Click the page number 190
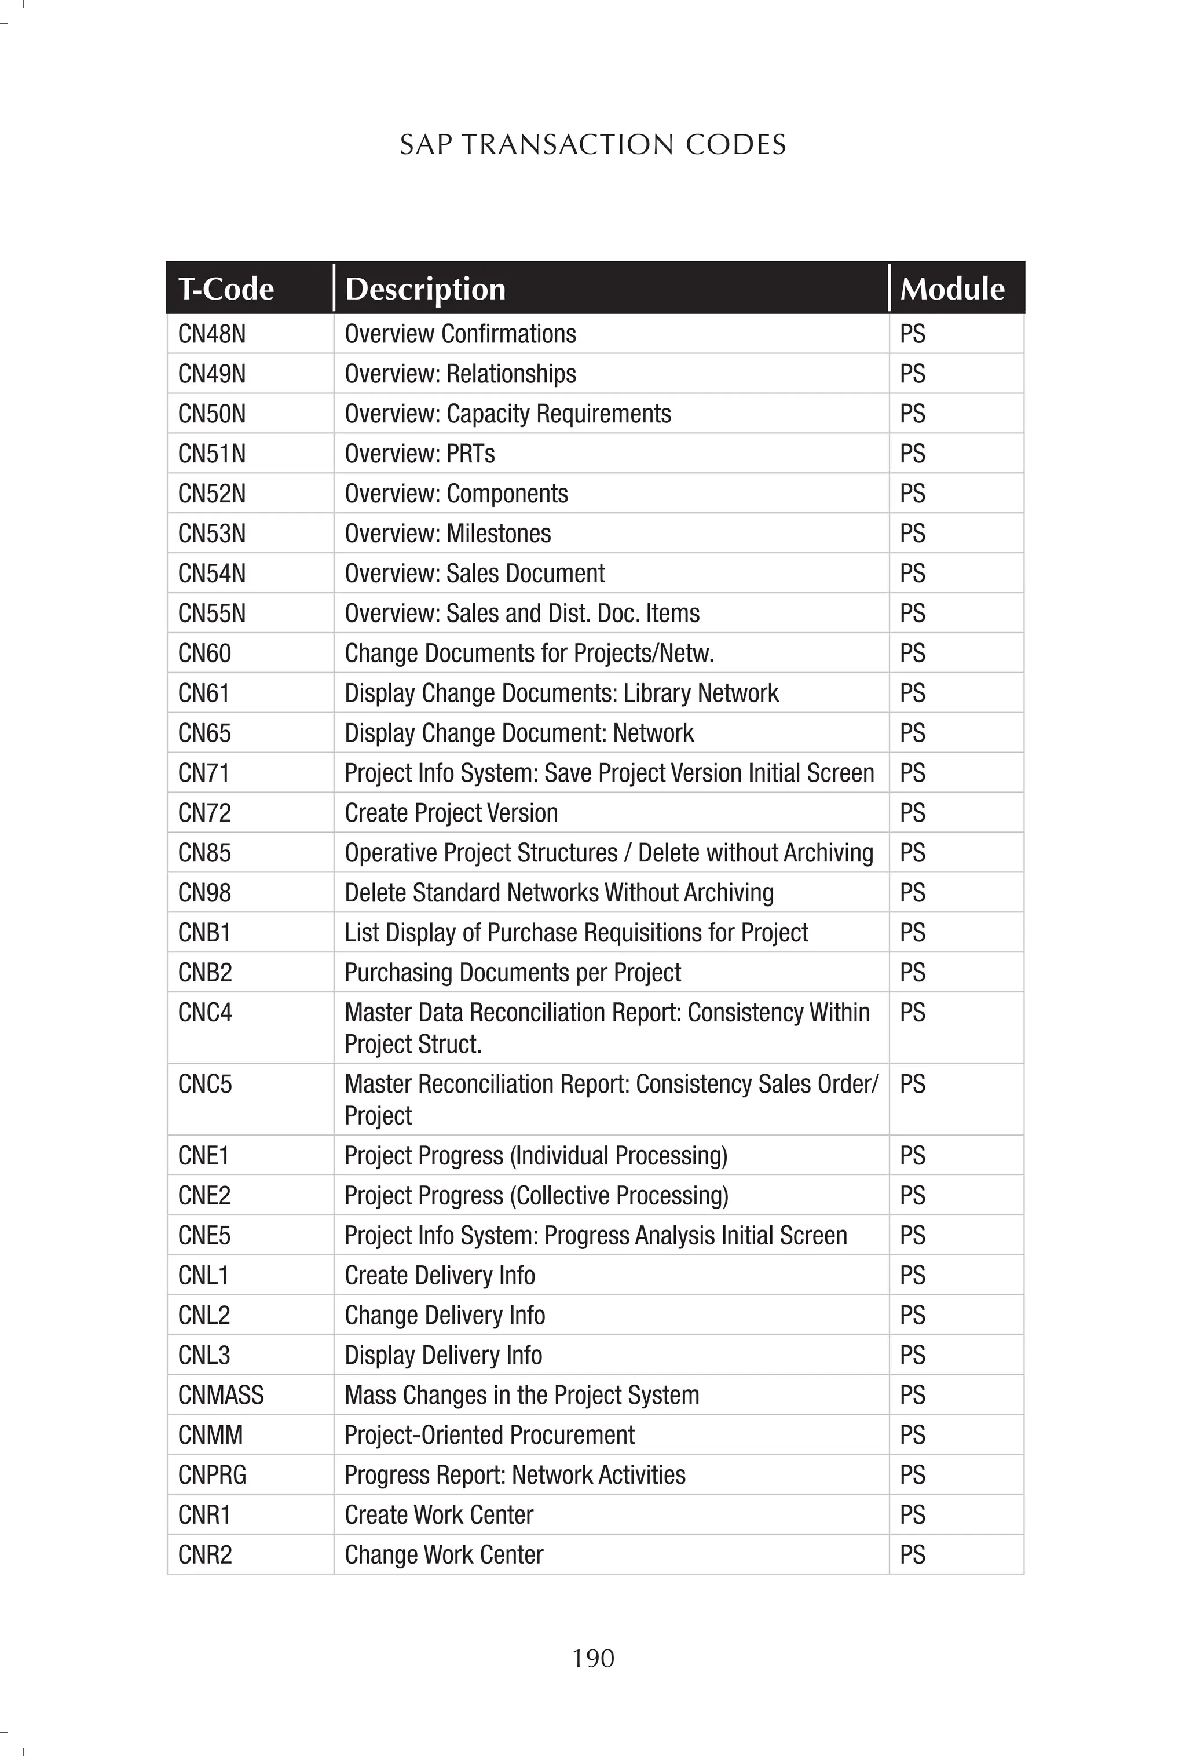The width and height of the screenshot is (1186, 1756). point(593,1658)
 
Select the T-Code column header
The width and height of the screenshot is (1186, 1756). point(226,289)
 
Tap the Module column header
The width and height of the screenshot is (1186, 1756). point(952,289)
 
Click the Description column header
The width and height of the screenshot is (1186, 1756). point(424,289)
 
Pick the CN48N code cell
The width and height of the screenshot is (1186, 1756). point(211,334)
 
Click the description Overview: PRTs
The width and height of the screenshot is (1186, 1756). point(419,454)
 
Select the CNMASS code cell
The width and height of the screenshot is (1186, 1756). point(221,1395)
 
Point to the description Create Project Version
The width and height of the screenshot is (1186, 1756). point(451,813)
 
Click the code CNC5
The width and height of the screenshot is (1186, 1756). point(205,1085)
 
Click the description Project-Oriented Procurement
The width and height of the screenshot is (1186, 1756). point(489,1435)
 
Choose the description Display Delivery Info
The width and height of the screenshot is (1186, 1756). point(444,1355)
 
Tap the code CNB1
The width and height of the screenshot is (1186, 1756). point(204,932)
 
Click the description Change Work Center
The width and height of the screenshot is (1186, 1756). point(444,1555)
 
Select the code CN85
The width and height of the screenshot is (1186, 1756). point(204,853)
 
